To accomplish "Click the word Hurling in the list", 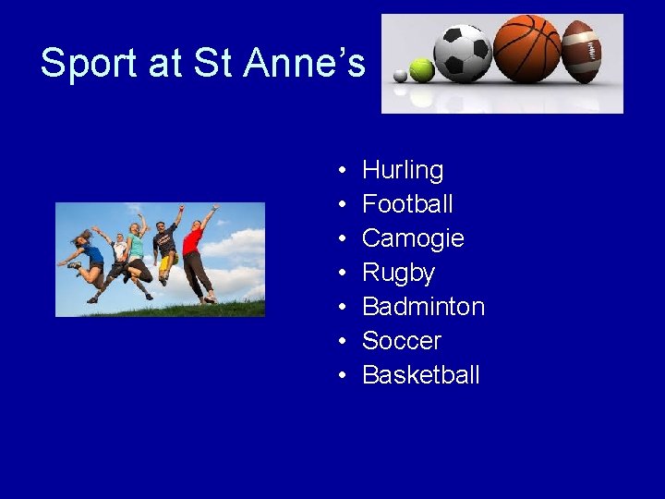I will (403, 171).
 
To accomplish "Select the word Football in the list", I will (407, 204).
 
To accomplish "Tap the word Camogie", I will (413, 238).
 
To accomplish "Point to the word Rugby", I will (398, 274).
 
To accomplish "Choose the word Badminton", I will (423, 307).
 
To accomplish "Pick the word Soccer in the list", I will (402, 341).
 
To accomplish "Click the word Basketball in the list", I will (421, 375).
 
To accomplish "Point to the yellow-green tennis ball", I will (422, 70).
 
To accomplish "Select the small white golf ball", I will (399, 75).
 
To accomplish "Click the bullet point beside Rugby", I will (342, 274).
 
